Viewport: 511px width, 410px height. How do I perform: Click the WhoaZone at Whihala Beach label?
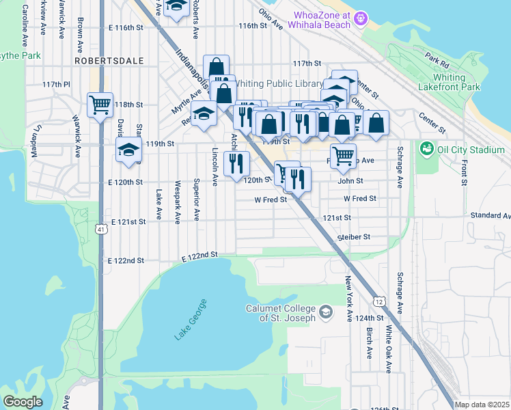[322, 20]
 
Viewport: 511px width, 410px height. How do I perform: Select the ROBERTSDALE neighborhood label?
[109, 61]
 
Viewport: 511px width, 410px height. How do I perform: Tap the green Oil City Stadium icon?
[427, 148]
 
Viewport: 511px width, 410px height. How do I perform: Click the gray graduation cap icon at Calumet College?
[326, 312]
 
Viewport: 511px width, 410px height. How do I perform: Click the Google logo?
[23, 401]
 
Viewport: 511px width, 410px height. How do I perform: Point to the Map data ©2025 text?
[482, 405]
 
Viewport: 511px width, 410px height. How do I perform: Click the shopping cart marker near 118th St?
[100, 105]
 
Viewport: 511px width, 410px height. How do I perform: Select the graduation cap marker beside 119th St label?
[128, 150]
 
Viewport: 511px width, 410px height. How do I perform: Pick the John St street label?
[350, 181]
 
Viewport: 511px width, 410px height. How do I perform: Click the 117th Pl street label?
[56, 84]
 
